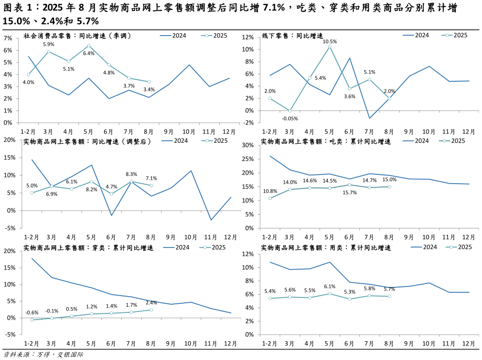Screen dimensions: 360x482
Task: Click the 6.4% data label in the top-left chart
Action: tap(88, 53)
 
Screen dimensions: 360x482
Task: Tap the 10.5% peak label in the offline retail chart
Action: tap(330, 42)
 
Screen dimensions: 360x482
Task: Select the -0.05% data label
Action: tap(290, 118)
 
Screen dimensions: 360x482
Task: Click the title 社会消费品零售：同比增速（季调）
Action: tap(77, 36)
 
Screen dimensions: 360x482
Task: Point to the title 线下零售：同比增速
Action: tap(292, 36)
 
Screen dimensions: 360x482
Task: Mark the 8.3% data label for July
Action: tap(131, 174)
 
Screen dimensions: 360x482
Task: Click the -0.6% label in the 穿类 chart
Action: tap(32, 312)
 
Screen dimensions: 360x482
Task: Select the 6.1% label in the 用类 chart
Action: tap(330, 286)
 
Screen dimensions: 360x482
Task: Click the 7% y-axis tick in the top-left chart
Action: tap(8, 38)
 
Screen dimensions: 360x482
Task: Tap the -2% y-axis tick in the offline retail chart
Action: tap(248, 123)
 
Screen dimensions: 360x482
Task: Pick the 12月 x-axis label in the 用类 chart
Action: tap(469, 344)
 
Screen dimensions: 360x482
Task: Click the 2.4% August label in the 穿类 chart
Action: tap(151, 303)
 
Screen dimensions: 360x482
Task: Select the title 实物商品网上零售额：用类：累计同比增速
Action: tap(326, 248)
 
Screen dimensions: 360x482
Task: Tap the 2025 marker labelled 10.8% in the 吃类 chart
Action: tap(270, 198)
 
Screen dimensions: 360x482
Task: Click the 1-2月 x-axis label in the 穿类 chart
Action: tap(32, 344)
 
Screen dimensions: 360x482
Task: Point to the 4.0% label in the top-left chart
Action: tap(28, 82)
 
